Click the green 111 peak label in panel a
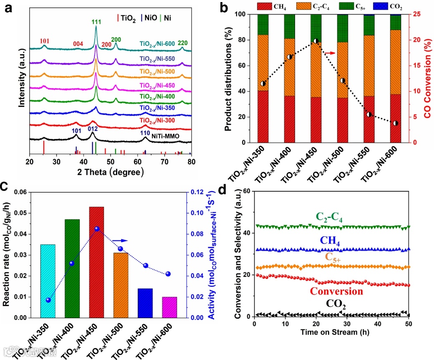click(96, 22)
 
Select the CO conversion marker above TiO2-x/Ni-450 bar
click(316, 41)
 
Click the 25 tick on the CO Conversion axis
click(419, 14)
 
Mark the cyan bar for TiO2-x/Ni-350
click(47, 281)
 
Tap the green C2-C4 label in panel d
click(333, 218)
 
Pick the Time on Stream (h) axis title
click(331, 333)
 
